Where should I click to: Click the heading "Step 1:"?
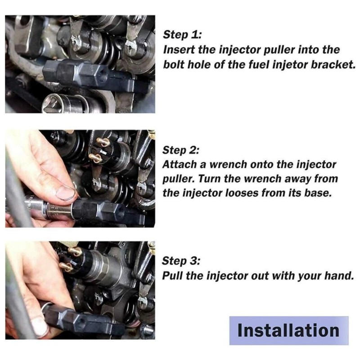pos(182,35)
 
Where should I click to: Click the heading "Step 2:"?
pos(181,150)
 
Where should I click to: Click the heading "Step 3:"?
pos(181,261)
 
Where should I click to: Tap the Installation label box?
pos(289,331)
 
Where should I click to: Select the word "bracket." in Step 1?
pos(333,65)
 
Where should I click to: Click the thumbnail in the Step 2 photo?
pos(65,193)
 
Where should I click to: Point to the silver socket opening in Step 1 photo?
pos(54,103)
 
